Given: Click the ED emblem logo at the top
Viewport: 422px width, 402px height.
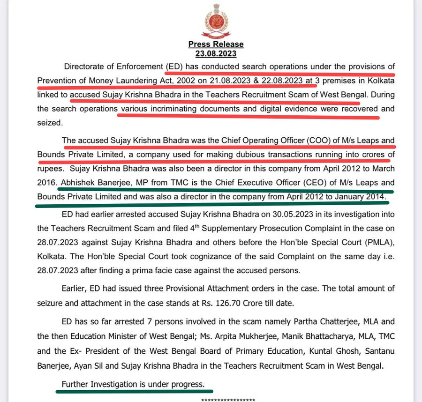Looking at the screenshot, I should [x=217, y=22].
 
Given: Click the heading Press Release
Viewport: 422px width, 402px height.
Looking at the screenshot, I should [x=216, y=44].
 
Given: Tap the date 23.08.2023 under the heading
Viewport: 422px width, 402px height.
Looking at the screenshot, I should [x=216, y=52].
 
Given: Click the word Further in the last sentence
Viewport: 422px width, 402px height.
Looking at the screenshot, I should [x=76, y=384].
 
